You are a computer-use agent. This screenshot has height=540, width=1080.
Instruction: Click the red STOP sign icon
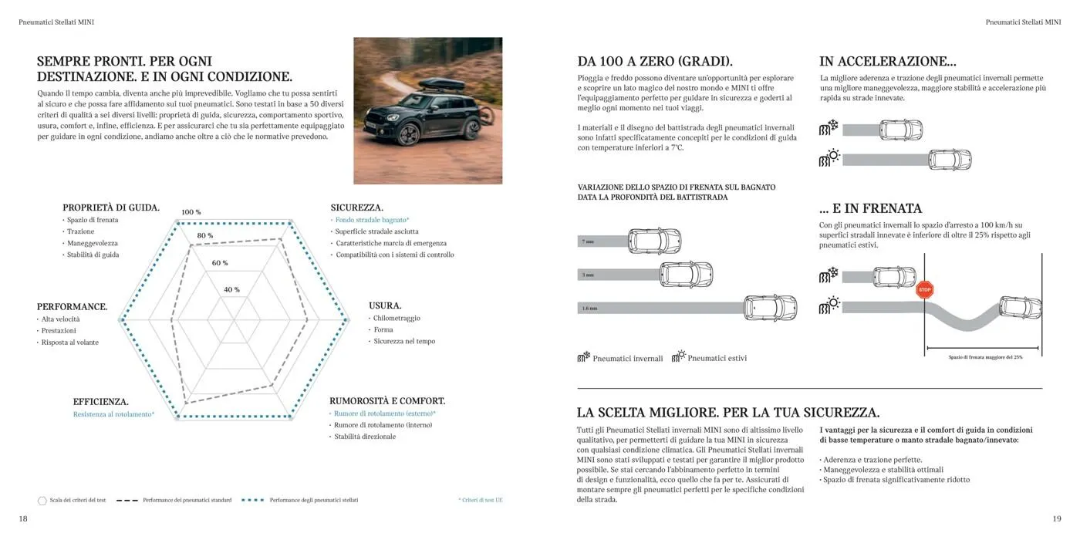point(925,290)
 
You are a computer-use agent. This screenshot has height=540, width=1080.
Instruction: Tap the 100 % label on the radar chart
point(191,212)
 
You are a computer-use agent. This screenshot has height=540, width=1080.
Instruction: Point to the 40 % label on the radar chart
point(231,290)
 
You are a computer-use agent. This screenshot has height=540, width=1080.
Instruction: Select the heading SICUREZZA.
point(357,208)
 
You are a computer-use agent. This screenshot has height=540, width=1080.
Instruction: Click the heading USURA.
point(385,305)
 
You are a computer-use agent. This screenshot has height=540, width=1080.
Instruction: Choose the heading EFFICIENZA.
point(101,402)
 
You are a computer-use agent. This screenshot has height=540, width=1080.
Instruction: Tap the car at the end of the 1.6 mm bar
point(770,307)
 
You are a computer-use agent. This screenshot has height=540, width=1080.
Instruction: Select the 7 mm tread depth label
point(589,241)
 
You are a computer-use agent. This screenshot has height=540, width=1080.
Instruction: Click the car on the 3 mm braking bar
point(687,274)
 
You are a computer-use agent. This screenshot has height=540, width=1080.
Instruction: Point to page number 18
point(23,519)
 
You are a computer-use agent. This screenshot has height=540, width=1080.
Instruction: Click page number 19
point(1057,519)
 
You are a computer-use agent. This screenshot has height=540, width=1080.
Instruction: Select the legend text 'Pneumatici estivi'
point(717,358)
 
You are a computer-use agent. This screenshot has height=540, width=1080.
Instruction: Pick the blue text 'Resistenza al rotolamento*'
point(113,415)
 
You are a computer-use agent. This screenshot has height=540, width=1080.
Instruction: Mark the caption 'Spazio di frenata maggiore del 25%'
point(985,357)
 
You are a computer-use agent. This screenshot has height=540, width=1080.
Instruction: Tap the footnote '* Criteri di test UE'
point(480,500)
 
